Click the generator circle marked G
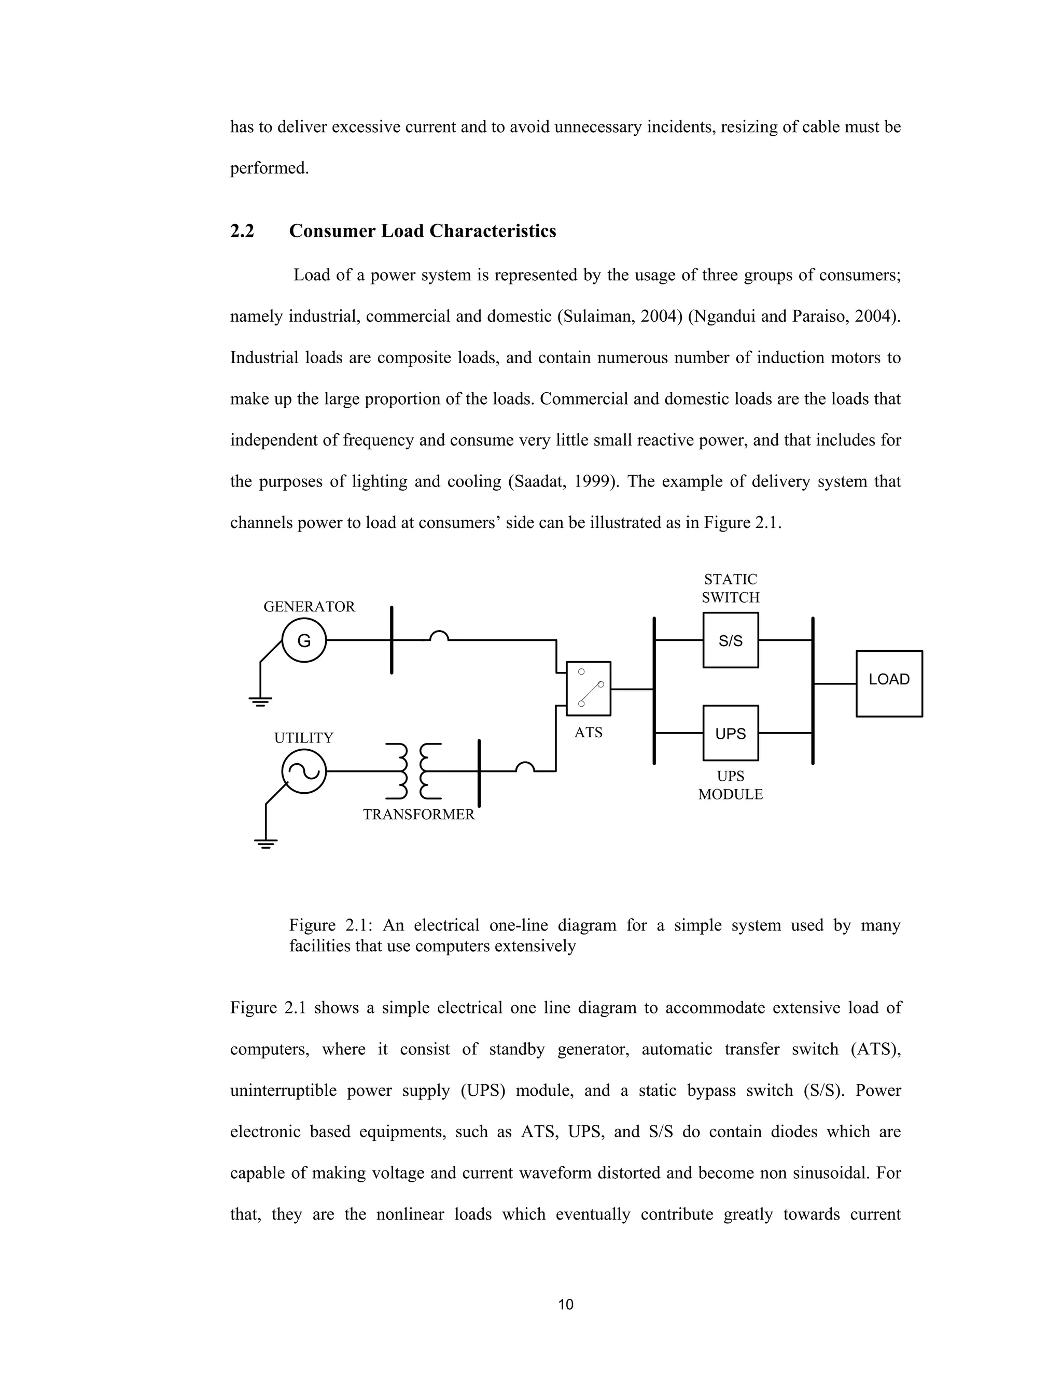(x=304, y=640)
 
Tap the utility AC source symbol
(x=304, y=771)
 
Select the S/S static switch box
(x=731, y=640)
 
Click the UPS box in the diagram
(x=731, y=733)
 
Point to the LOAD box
(x=889, y=683)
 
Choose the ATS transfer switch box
(x=588, y=689)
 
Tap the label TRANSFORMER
(x=418, y=815)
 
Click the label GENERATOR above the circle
(x=309, y=607)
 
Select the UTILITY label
(x=303, y=738)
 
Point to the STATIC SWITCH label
(x=731, y=589)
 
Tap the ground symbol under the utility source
(x=265, y=843)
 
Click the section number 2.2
(x=242, y=232)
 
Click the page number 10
(x=566, y=1305)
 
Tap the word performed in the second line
(x=269, y=168)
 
